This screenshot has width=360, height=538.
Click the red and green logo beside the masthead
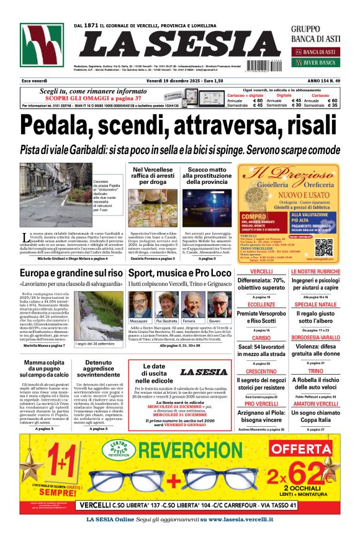42,45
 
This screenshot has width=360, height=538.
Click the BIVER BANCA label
320,62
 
